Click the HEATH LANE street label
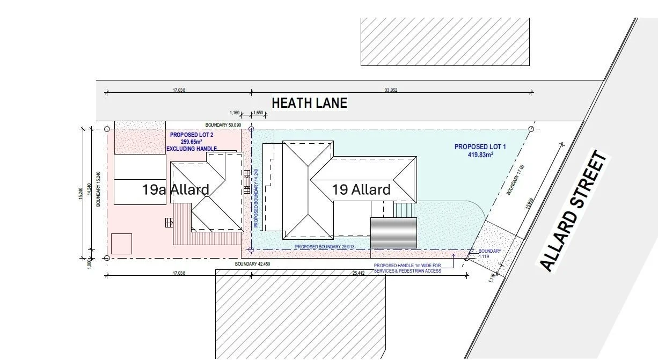point(309,103)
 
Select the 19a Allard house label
point(176,189)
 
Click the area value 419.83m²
point(480,155)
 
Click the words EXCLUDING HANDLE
point(192,149)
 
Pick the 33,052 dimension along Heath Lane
point(391,90)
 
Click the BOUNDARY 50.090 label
point(227,124)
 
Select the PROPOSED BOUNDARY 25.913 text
point(325,247)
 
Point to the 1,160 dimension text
point(235,113)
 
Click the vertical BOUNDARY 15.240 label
point(98,189)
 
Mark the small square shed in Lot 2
point(121,244)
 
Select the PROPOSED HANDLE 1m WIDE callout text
point(408,268)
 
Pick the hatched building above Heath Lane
point(445,42)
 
